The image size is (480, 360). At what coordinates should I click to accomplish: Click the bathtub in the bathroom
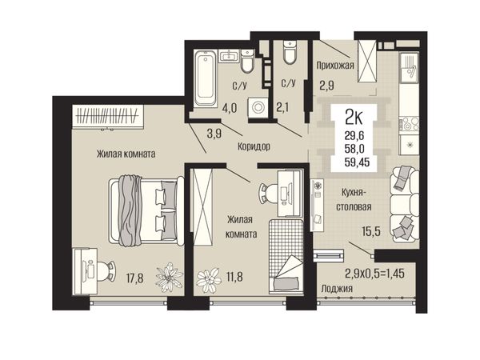(206, 78)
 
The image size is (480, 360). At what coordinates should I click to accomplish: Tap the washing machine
(258, 107)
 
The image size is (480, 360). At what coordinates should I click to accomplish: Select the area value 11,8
(234, 277)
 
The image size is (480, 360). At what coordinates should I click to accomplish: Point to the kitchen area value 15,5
(371, 231)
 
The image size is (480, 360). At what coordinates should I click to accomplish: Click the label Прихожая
(335, 66)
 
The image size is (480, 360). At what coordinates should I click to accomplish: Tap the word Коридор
(254, 146)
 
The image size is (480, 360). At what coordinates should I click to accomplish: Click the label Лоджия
(337, 288)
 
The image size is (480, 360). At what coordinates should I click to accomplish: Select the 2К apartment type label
(354, 118)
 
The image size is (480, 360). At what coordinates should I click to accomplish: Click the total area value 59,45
(357, 162)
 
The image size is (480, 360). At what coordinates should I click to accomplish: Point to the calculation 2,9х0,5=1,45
(374, 273)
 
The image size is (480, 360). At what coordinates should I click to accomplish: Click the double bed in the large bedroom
(146, 210)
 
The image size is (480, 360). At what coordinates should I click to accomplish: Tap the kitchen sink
(409, 68)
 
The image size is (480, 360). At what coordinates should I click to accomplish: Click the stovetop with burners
(409, 124)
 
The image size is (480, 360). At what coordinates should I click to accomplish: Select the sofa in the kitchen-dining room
(404, 205)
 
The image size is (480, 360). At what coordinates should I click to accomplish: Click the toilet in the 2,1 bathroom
(290, 52)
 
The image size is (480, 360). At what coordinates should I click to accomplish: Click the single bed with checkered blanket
(286, 257)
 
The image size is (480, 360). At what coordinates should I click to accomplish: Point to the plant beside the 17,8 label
(169, 278)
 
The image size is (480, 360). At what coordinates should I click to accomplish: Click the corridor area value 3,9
(214, 134)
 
